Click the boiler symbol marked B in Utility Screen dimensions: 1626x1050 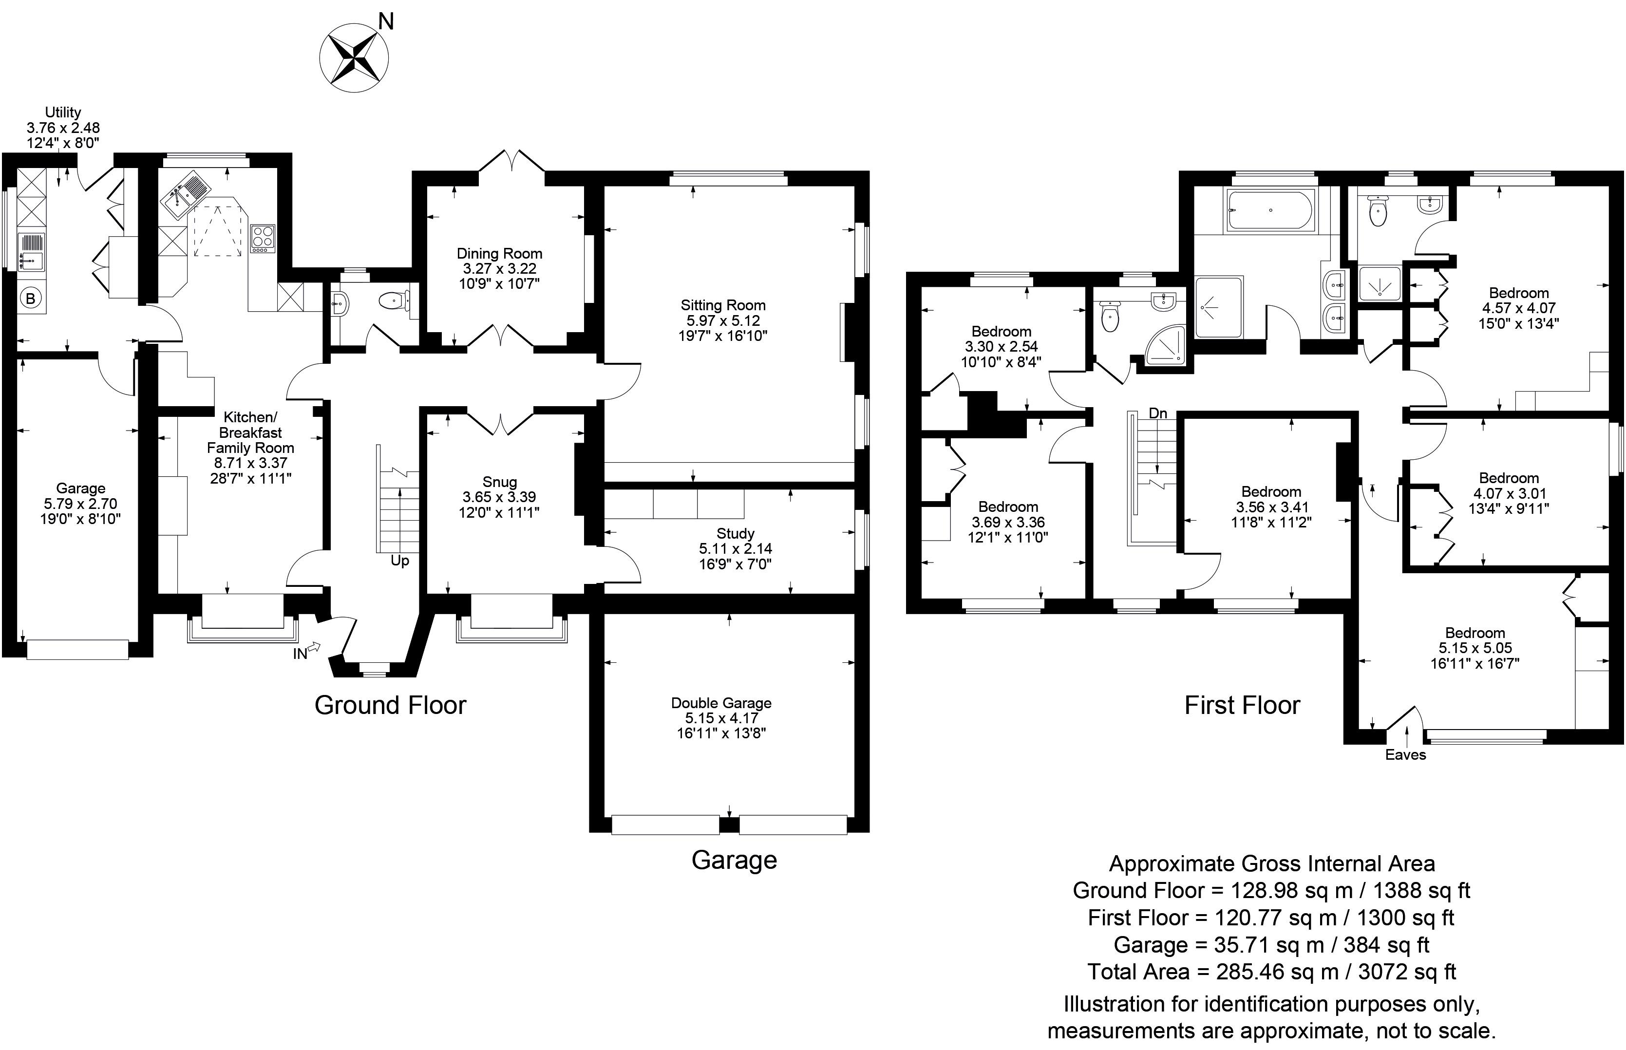30,298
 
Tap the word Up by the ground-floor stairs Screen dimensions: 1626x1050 399,561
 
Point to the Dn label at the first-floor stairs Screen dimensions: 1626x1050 1157,413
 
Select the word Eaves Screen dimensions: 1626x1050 1405,755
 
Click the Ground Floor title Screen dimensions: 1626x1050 390,705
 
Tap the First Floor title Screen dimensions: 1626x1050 1242,705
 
